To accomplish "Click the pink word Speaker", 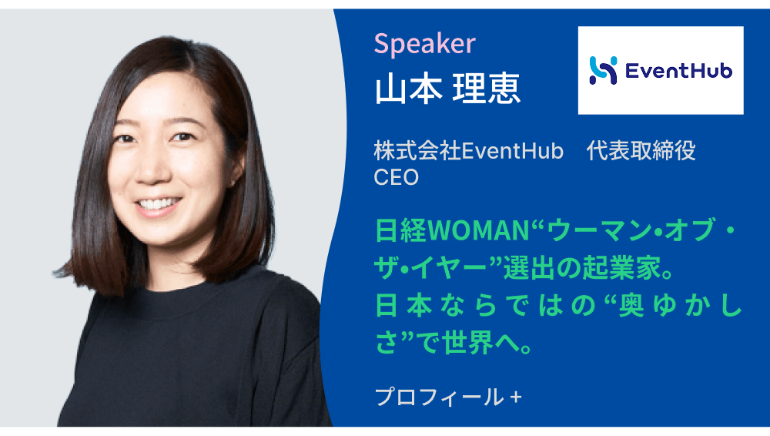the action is [425, 44].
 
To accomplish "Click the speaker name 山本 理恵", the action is [447, 89].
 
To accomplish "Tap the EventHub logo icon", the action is [603, 70].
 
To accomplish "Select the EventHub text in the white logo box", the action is [678, 71].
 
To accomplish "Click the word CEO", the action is [397, 177].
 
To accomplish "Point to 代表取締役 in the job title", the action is [641, 151].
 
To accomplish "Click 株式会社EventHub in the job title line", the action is [468, 151].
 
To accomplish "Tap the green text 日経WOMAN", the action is [452, 230].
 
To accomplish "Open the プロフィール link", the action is [440, 397].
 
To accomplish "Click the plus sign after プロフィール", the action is [516, 397].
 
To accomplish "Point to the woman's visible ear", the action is [236, 167].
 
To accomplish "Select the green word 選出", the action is [528, 268].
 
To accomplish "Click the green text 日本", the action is [403, 306].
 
